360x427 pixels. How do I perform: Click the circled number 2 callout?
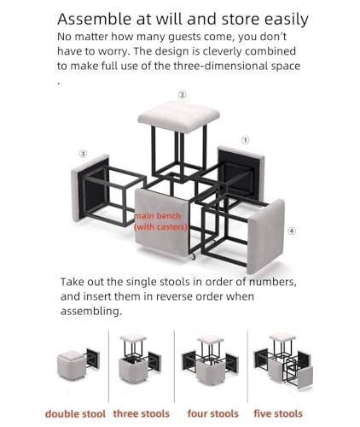[183, 95]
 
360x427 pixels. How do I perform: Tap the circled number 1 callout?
[246, 140]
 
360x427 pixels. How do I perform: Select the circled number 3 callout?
[83, 154]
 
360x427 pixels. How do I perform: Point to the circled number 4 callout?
[292, 231]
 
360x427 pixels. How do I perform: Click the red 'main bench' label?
[157, 216]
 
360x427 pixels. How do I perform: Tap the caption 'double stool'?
[75, 413]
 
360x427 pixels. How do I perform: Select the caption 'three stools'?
[142, 413]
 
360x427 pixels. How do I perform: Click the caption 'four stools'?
[213, 413]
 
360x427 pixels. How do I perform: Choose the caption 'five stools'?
[278, 413]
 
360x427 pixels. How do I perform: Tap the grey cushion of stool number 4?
[266, 237]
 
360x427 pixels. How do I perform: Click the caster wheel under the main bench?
[194, 256]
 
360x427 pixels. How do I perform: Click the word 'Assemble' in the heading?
[95, 20]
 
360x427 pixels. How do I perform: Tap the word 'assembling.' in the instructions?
[91, 312]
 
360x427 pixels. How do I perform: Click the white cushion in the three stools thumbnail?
[133, 338]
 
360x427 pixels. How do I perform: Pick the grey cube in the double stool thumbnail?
[72, 366]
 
